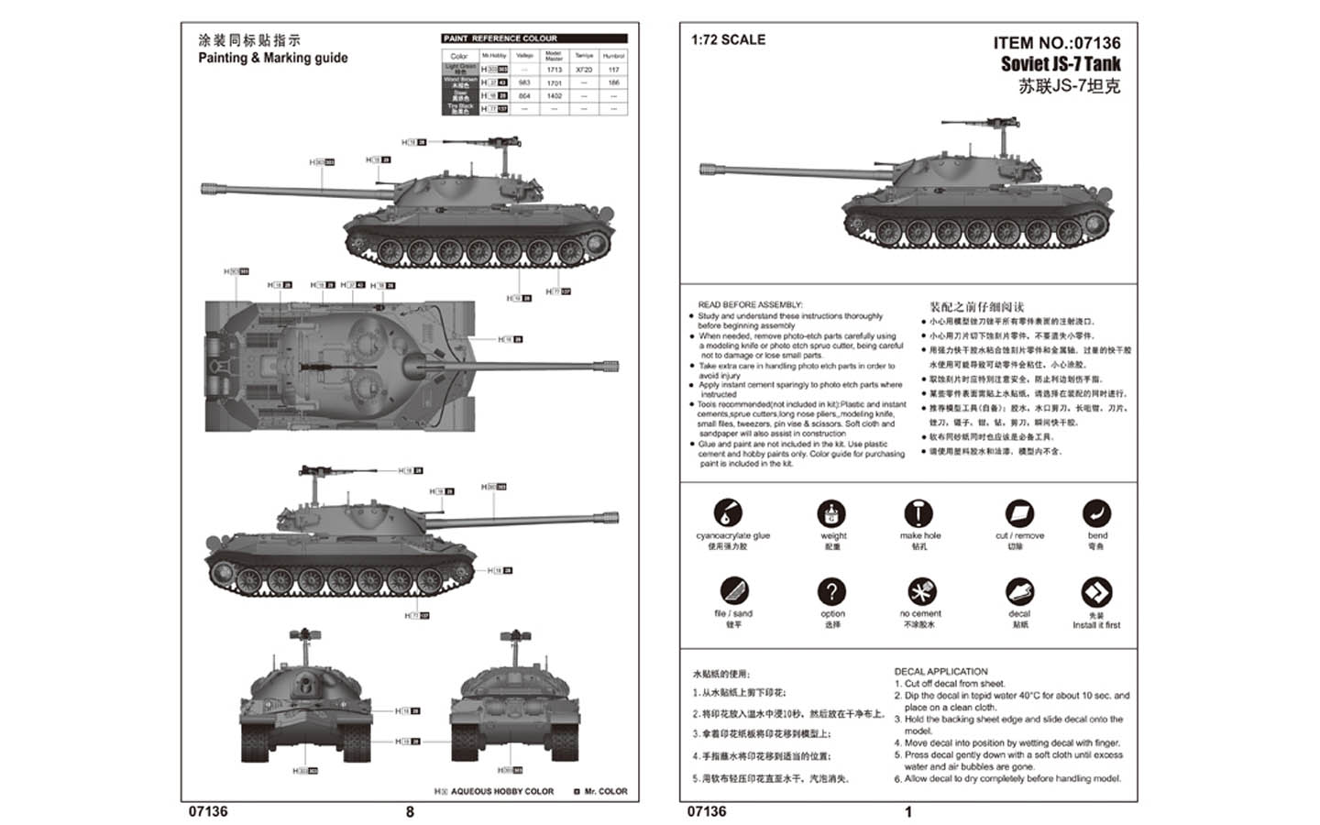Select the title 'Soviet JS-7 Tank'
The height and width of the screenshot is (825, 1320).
pyautogui.click(x=1061, y=64)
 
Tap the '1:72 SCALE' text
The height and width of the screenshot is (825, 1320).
pyautogui.click(x=728, y=39)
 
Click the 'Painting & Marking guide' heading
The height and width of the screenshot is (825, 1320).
pyautogui.click(x=273, y=58)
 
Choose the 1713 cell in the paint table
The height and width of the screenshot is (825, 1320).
pyautogui.click(x=554, y=70)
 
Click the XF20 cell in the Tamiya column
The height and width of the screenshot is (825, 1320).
pyautogui.click(x=584, y=70)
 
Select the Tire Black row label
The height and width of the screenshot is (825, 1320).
pyautogui.click(x=460, y=108)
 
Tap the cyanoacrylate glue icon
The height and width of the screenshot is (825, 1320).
pyautogui.click(x=728, y=513)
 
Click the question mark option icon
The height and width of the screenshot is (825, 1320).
pyautogui.click(x=831, y=591)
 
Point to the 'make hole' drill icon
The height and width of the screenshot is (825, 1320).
pyautogui.click(x=918, y=513)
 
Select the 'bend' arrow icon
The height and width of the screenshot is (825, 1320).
pyautogui.click(x=1096, y=513)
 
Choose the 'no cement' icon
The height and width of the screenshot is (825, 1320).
pyautogui.click(x=920, y=591)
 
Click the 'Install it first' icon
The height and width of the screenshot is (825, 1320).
pyautogui.click(x=1096, y=592)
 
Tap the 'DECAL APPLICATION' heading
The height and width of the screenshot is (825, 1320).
pyautogui.click(x=940, y=672)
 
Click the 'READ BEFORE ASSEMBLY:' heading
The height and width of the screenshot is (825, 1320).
pyautogui.click(x=750, y=305)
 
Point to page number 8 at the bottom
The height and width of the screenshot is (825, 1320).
pyautogui.click(x=410, y=812)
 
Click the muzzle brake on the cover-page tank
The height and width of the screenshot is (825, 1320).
pyautogui.click(x=709, y=170)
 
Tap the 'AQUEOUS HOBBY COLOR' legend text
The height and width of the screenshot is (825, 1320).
pyautogui.click(x=501, y=791)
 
